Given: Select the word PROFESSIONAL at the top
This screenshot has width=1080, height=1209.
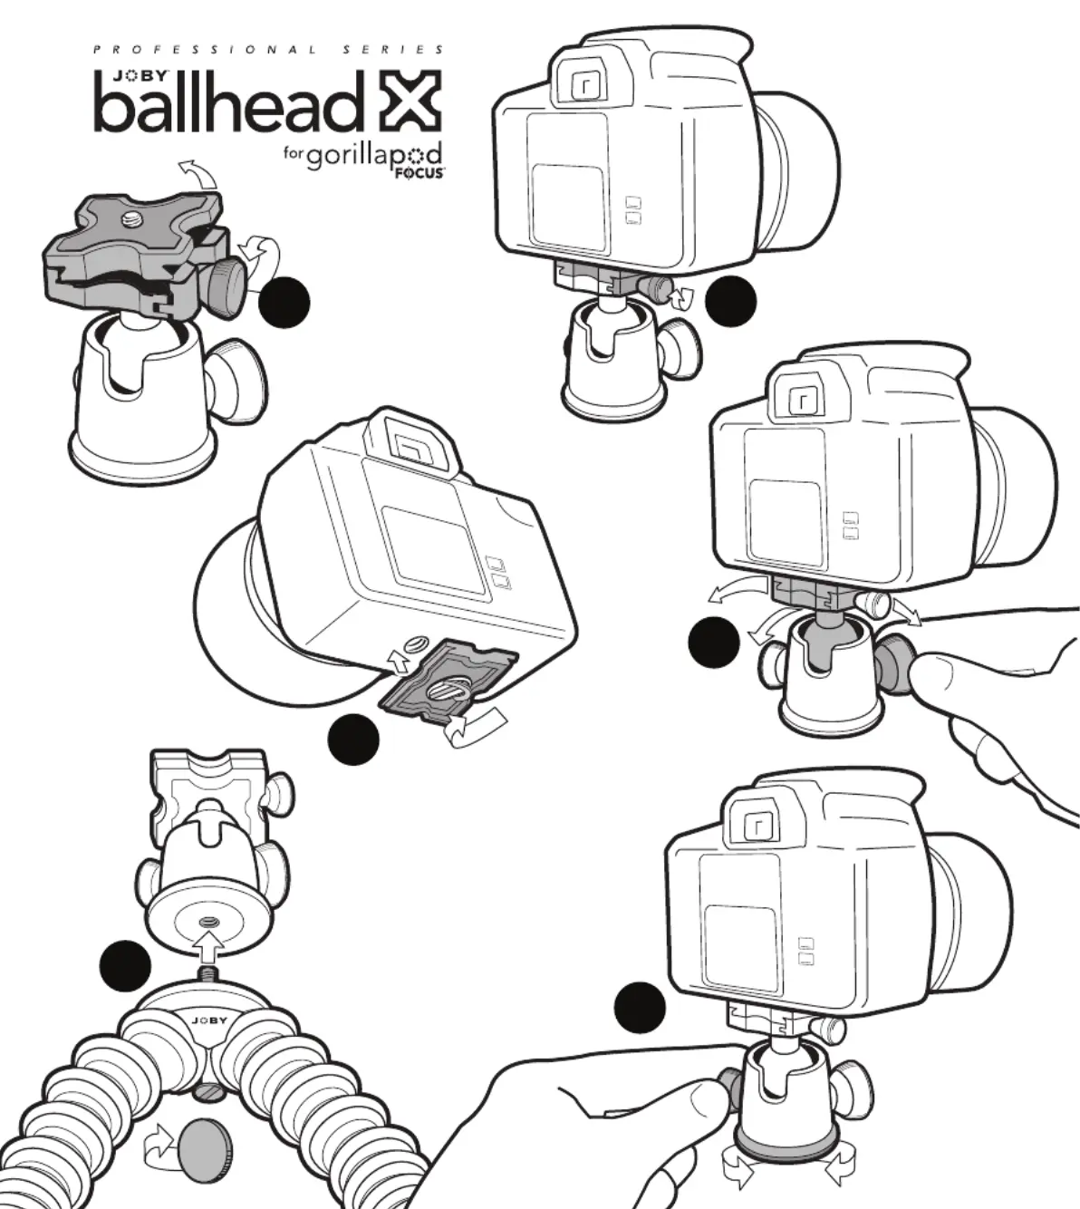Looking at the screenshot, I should [x=206, y=51].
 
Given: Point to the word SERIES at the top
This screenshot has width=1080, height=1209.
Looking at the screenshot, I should [x=394, y=51].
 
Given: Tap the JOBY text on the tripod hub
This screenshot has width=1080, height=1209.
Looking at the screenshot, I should [x=209, y=1020].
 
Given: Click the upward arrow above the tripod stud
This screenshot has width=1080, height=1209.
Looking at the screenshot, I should [x=208, y=950].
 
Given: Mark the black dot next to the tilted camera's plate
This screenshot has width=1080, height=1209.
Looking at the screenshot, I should [x=353, y=740].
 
